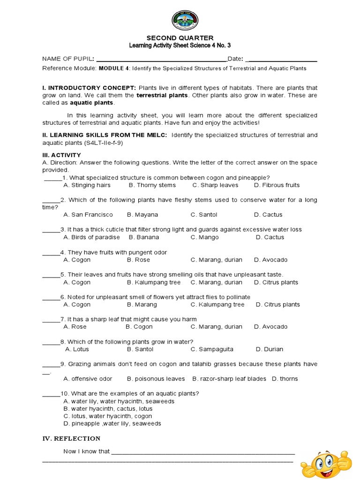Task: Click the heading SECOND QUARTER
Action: pyautogui.click(x=180, y=37)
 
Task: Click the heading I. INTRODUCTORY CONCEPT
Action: pyautogui.click(x=89, y=88)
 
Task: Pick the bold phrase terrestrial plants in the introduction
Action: pyautogui.click(x=162, y=95)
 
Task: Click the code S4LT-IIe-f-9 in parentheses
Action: pyautogui.click(x=102, y=142)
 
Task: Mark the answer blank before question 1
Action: pyautogui.click(x=52, y=178)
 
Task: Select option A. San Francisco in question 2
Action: pyautogui.click(x=88, y=215)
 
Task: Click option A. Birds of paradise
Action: pyautogui.click(x=91, y=237)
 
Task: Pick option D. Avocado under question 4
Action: pyautogui.click(x=271, y=260)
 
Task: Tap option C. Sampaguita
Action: pyautogui.click(x=212, y=349)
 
